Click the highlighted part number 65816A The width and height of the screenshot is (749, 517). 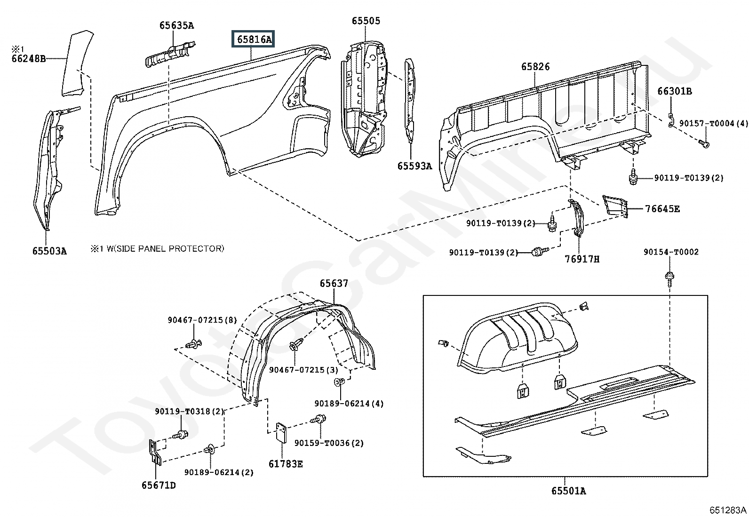254,40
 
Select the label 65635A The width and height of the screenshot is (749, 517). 176,25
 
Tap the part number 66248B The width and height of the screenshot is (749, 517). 29,59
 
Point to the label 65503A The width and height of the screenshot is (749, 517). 49,251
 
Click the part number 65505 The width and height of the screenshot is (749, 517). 366,21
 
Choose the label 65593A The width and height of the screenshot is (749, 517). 414,166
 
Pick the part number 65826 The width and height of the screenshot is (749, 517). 535,67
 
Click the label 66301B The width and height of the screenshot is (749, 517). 674,91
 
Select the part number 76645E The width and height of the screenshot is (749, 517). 662,208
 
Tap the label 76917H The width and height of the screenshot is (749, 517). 582,259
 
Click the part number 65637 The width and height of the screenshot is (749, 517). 334,283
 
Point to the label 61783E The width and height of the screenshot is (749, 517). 286,464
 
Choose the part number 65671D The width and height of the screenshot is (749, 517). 159,485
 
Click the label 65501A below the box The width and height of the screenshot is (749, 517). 569,491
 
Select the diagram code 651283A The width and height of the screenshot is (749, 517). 728,510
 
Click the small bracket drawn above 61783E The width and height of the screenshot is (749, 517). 281,432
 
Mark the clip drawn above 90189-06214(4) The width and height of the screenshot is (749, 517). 340,382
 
